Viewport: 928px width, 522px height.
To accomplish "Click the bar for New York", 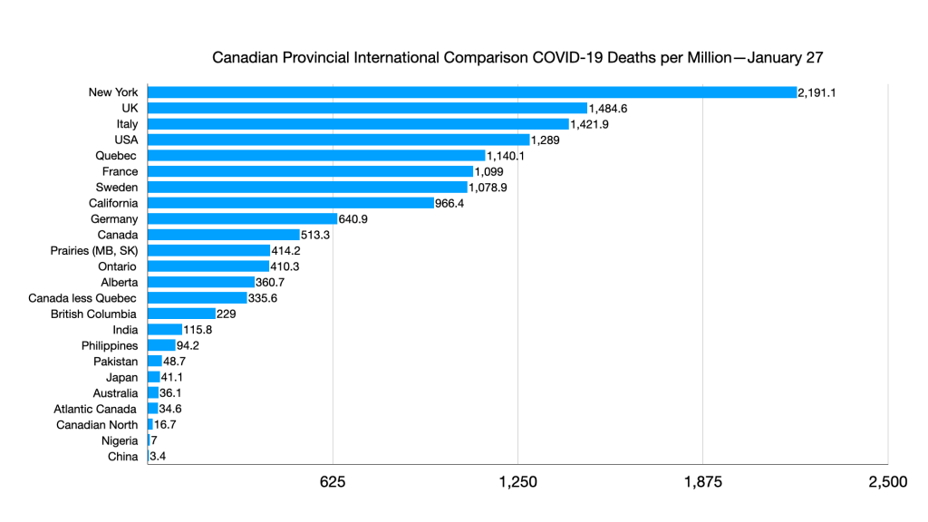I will point(471,92).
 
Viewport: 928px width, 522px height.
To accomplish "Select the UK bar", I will point(367,108).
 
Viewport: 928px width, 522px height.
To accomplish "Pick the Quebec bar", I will point(316,156).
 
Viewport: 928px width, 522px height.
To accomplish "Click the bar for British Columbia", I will point(181,314).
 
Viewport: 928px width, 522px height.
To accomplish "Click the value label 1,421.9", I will point(590,124).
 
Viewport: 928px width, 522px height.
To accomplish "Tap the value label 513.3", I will point(318,235).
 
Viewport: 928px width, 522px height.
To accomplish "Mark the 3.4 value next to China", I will point(156,457).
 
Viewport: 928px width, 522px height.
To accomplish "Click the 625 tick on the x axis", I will point(333,482).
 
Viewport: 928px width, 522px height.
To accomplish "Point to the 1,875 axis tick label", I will point(702,482).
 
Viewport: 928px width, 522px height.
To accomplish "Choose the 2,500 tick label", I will point(887,482).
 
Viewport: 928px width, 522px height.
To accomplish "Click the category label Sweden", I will point(116,188).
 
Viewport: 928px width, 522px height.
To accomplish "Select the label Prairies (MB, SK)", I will point(94,251).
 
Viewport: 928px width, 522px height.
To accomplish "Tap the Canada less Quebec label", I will point(83,298).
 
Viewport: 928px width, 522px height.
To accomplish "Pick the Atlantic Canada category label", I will point(96,409).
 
